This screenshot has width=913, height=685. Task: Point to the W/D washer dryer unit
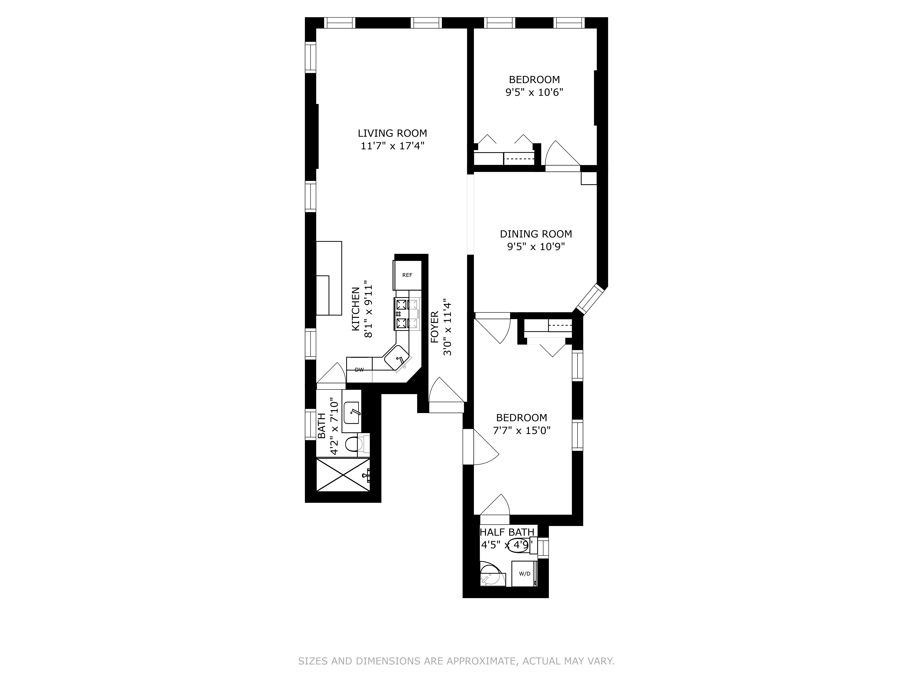coord(524,574)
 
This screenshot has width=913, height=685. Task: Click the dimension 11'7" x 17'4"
coord(392,146)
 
